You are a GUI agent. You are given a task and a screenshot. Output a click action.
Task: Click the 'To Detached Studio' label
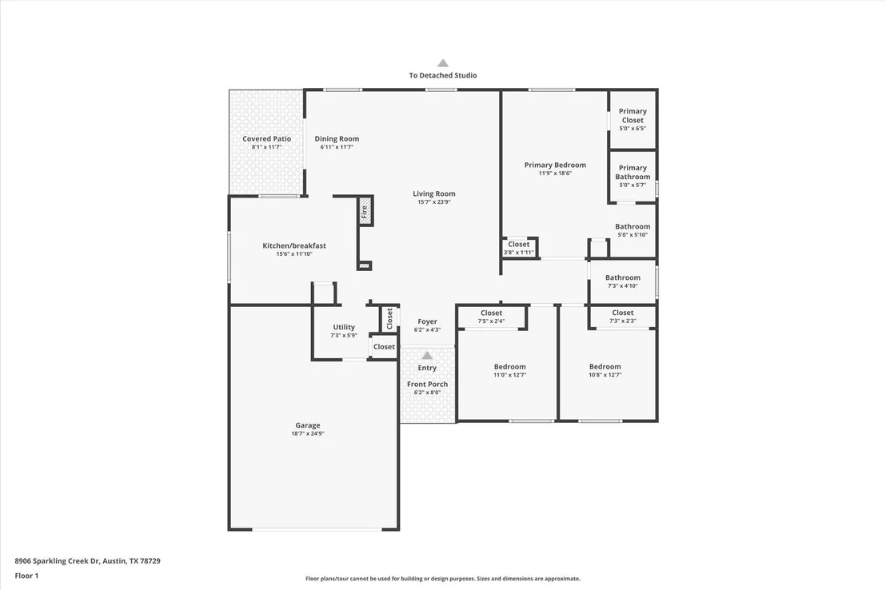click(443, 75)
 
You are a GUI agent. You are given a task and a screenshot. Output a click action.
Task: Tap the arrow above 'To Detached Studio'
click(443, 62)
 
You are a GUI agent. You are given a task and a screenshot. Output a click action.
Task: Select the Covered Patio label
click(267, 138)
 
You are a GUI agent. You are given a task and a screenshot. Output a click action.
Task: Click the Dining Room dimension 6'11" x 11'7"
click(337, 147)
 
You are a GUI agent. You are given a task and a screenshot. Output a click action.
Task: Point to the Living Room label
click(434, 193)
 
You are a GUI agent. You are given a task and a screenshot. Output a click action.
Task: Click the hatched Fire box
click(365, 211)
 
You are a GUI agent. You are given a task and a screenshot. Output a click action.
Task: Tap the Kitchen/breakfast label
click(294, 246)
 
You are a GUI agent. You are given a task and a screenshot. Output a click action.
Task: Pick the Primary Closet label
click(633, 116)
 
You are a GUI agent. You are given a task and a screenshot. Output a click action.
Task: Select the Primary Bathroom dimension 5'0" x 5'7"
click(633, 185)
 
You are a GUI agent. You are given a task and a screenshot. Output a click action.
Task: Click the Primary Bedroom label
click(555, 165)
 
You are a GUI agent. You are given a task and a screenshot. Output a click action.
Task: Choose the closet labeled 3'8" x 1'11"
click(519, 248)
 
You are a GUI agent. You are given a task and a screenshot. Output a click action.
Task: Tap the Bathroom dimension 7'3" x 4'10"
click(623, 286)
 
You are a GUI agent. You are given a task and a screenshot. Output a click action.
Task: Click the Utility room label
click(344, 327)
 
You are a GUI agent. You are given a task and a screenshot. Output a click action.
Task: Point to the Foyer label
click(427, 321)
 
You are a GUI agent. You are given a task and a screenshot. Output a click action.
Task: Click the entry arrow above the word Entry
click(427, 356)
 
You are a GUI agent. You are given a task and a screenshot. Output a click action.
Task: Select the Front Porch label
click(427, 385)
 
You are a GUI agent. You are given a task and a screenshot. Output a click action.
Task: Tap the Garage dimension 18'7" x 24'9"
click(308, 434)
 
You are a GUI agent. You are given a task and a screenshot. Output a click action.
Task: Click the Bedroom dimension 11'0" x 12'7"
click(509, 375)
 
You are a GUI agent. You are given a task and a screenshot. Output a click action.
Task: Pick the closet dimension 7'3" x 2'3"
click(623, 321)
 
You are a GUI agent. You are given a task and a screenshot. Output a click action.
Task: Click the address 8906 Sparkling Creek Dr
click(57, 561)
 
